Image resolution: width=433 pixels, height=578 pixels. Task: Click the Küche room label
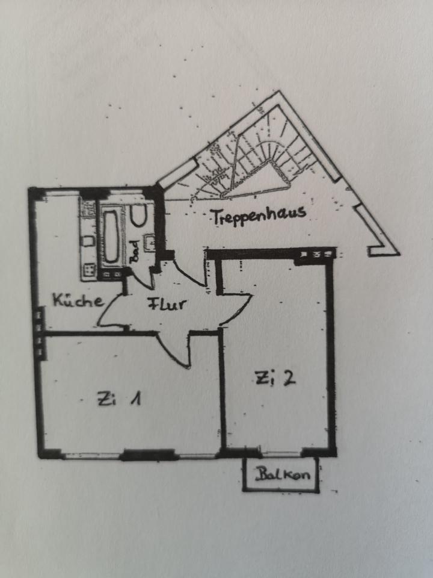point(78,300)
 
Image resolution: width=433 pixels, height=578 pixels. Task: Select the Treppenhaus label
point(259,215)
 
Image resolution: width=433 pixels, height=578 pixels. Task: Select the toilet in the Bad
point(140,216)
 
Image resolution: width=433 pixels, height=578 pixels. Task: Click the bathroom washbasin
point(150,243)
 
